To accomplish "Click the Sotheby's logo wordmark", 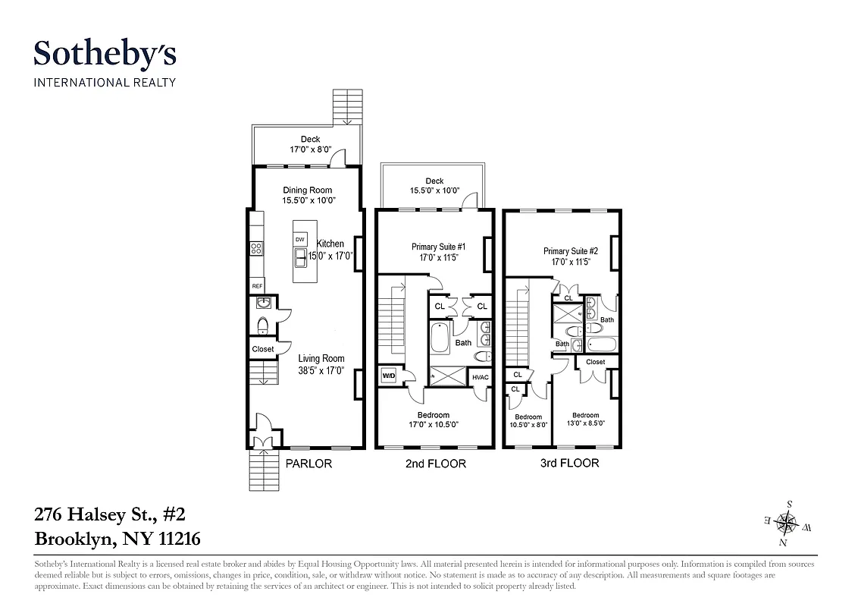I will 105,55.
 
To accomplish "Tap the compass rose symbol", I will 788,521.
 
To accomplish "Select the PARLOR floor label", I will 308,464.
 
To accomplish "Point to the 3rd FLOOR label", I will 569,463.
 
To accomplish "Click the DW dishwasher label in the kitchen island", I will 300,240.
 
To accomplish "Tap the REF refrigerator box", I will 258,286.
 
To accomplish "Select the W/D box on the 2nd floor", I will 388,376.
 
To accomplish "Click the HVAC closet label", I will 481,377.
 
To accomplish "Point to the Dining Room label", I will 308,190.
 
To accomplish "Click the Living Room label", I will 321,359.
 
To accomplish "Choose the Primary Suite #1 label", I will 437,247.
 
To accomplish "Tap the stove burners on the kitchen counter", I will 256,247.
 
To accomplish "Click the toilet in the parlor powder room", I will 262,326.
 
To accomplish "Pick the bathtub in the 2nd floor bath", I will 440,338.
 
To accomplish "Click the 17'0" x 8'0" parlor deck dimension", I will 309,149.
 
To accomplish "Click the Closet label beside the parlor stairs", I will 263,349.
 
